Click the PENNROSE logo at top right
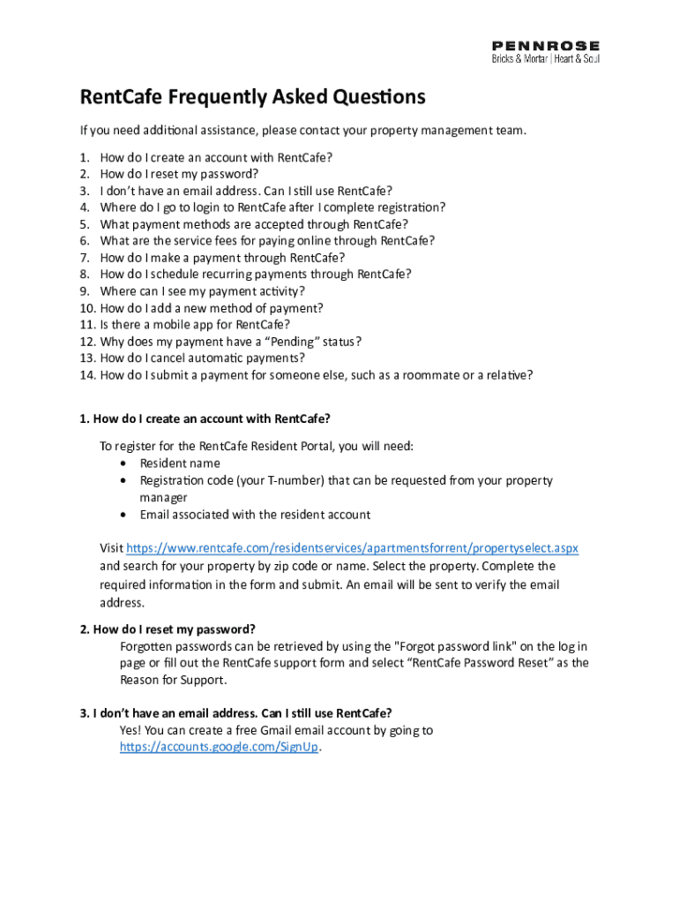[x=545, y=45]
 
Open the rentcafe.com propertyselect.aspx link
[x=353, y=548]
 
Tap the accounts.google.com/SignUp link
[x=219, y=748]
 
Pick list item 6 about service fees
[x=267, y=240]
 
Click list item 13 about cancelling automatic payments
[x=202, y=358]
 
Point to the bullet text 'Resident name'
[x=180, y=463]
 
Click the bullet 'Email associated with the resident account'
[x=255, y=515]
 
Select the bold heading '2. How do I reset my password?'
[x=168, y=629]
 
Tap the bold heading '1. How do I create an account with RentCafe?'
[x=205, y=418]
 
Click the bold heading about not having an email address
[x=235, y=713]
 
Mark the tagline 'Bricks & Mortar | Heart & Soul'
[x=545, y=59]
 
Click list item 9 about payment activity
[x=203, y=291]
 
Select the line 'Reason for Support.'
[x=173, y=680]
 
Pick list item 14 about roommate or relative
[x=317, y=375]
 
